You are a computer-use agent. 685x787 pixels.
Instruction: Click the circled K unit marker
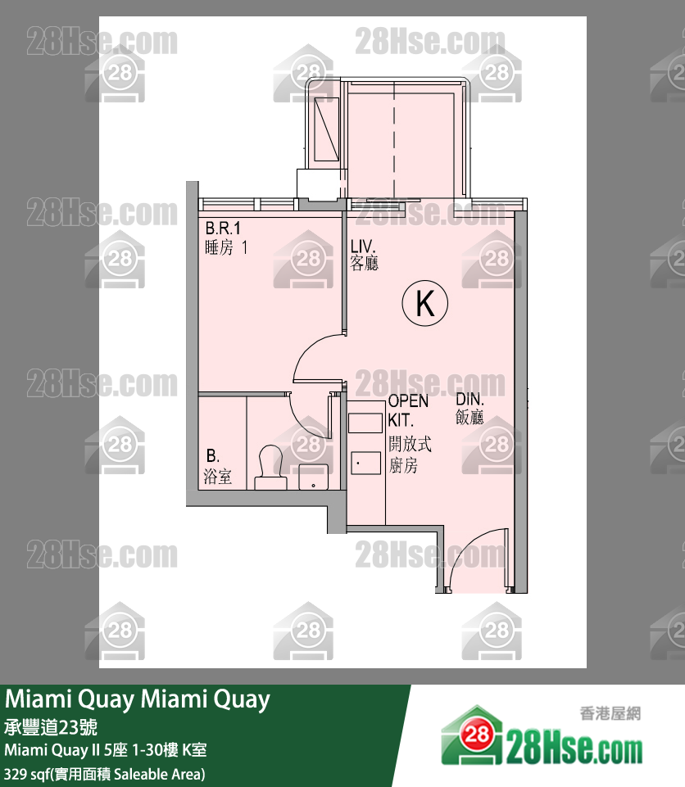point(425,304)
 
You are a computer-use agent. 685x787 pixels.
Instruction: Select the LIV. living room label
point(364,246)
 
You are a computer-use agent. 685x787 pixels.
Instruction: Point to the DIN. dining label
point(470,400)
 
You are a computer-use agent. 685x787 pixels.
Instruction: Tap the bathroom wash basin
point(312,476)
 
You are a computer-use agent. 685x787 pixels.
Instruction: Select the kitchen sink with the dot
point(365,463)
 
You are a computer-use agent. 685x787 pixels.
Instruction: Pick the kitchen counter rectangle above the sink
point(365,423)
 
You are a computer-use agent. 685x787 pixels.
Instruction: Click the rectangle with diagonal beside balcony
point(327,129)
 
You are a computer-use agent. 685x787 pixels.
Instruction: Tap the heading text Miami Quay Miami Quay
point(138,700)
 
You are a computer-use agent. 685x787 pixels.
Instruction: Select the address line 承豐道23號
point(51,727)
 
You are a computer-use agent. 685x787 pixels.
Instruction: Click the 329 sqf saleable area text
point(104,773)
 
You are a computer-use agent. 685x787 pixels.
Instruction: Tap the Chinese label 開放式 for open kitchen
point(410,446)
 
